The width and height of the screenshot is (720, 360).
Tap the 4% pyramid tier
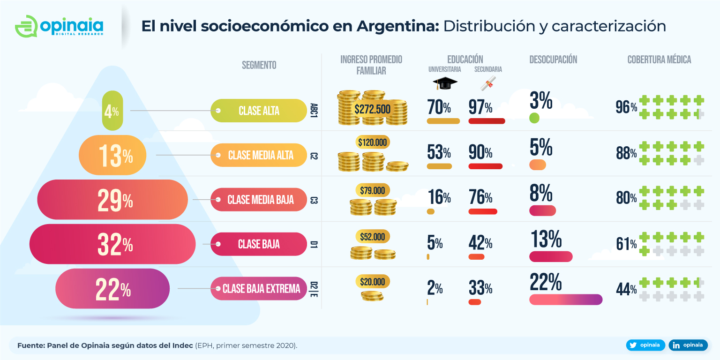(x=112, y=111)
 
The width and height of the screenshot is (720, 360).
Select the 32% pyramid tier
(x=112, y=244)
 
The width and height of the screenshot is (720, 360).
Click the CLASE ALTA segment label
(x=258, y=111)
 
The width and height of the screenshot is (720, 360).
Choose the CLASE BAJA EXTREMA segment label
(x=261, y=289)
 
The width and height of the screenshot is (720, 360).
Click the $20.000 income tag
(x=373, y=282)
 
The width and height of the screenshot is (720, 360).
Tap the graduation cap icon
(x=444, y=83)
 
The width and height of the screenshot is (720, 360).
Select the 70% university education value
(x=439, y=107)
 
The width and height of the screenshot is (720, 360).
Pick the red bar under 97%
(x=487, y=121)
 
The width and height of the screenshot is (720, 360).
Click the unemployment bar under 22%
(x=565, y=300)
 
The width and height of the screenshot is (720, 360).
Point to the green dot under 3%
(x=534, y=118)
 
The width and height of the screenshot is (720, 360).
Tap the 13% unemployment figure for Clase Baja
(x=546, y=239)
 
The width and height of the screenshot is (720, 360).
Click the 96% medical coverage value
(x=626, y=108)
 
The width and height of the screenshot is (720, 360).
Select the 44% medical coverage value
(x=626, y=290)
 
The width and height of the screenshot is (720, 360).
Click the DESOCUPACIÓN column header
(x=553, y=60)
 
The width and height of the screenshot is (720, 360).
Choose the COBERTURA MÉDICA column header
(x=659, y=60)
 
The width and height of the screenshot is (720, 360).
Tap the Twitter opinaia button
(x=645, y=345)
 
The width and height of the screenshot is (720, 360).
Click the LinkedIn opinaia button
(x=688, y=345)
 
